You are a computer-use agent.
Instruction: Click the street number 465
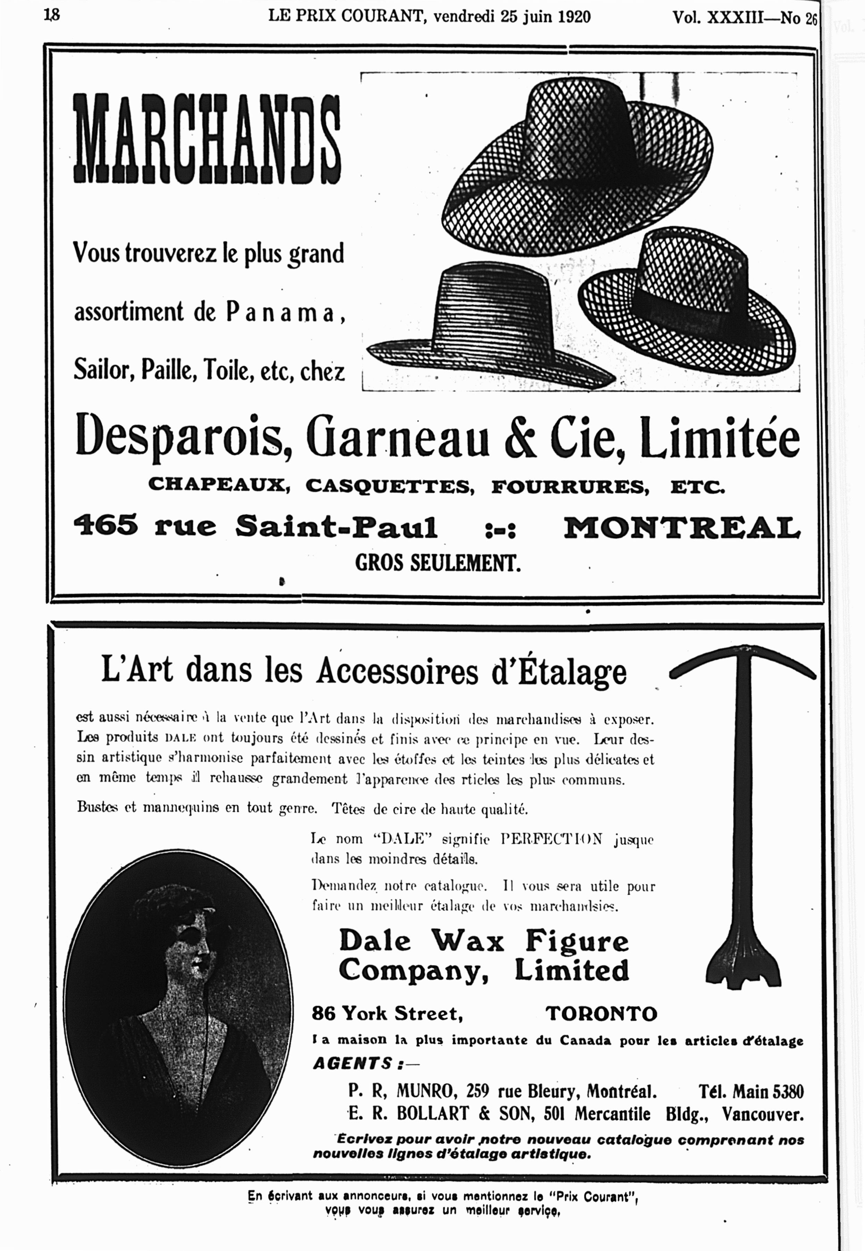click(x=106, y=525)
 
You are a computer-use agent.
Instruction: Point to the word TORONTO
click(x=601, y=1014)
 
